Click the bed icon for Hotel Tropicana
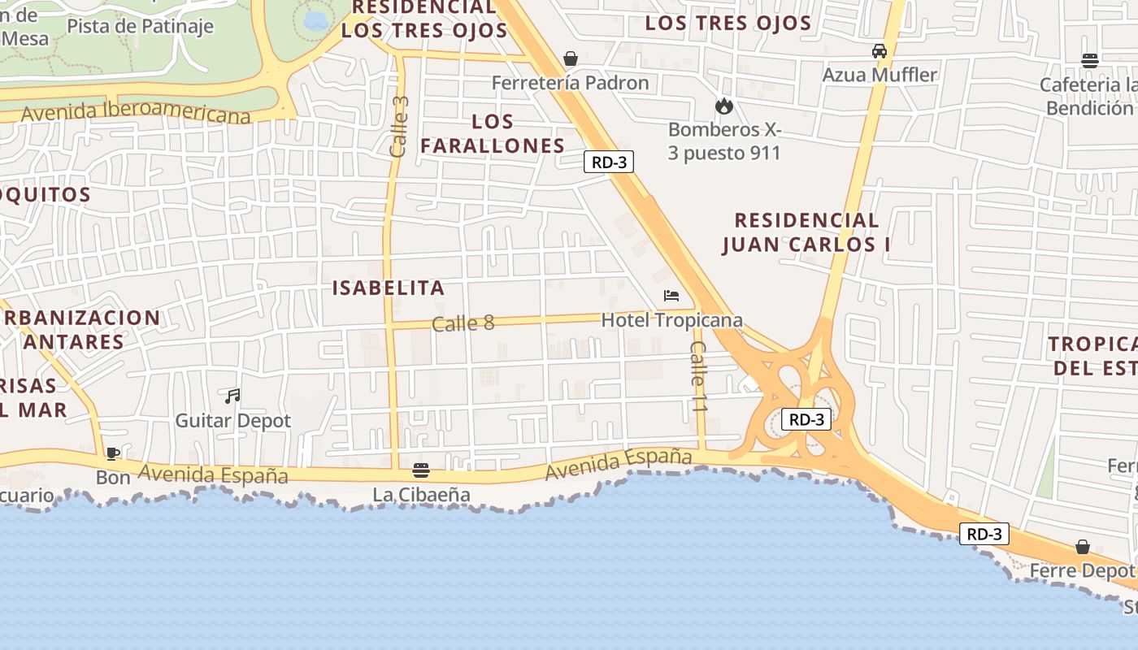(x=671, y=295)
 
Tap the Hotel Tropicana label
(x=671, y=320)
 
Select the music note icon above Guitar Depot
(x=232, y=396)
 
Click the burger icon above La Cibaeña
(x=421, y=470)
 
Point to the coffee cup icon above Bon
(x=113, y=453)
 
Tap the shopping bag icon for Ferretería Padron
(x=571, y=58)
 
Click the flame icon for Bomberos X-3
(x=723, y=106)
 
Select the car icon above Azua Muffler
(x=880, y=51)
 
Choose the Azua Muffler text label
(x=880, y=75)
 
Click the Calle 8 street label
(x=463, y=323)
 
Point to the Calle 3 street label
(x=398, y=127)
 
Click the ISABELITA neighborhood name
(x=389, y=288)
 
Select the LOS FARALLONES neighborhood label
(x=493, y=134)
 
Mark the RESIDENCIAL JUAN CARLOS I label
(x=806, y=232)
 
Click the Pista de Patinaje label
(x=140, y=26)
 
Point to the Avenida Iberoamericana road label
(x=136, y=113)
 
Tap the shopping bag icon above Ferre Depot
(x=1082, y=547)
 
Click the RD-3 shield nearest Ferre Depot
(x=984, y=534)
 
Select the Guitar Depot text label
(x=232, y=421)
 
